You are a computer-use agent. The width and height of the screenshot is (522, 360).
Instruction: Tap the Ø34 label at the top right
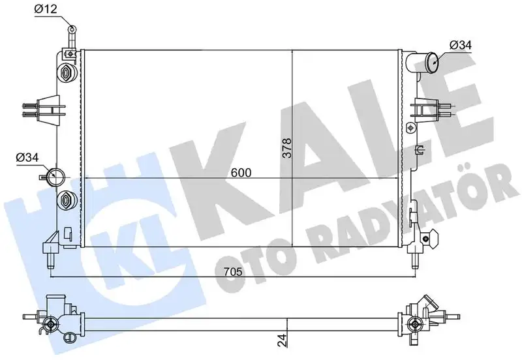(461, 45)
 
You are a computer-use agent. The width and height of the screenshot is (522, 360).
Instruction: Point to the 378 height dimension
(285, 150)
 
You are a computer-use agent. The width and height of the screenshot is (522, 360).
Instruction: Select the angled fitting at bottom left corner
(50, 247)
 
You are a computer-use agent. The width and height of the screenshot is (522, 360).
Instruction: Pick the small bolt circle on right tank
(409, 126)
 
